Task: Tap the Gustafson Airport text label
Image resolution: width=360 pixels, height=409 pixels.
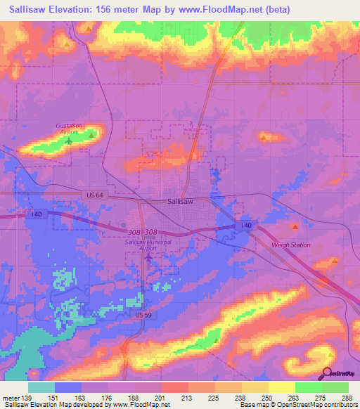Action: pos(69,128)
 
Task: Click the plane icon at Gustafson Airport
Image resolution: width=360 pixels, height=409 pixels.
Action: pos(68,142)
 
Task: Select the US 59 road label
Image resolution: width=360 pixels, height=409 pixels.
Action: pos(143,316)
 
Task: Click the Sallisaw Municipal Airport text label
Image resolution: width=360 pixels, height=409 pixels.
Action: pos(147,245)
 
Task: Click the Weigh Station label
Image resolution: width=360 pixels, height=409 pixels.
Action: pos(291,245)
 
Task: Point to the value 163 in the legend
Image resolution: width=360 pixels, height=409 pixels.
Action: pos(79,398)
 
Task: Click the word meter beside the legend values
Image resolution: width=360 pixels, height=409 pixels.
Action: pos(11,398)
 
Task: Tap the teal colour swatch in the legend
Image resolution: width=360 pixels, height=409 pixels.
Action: pos(41,387)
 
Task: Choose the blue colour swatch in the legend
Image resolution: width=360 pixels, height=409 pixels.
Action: pos(68,387)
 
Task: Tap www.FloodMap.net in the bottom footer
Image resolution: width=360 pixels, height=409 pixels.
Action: pos(134,405)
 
